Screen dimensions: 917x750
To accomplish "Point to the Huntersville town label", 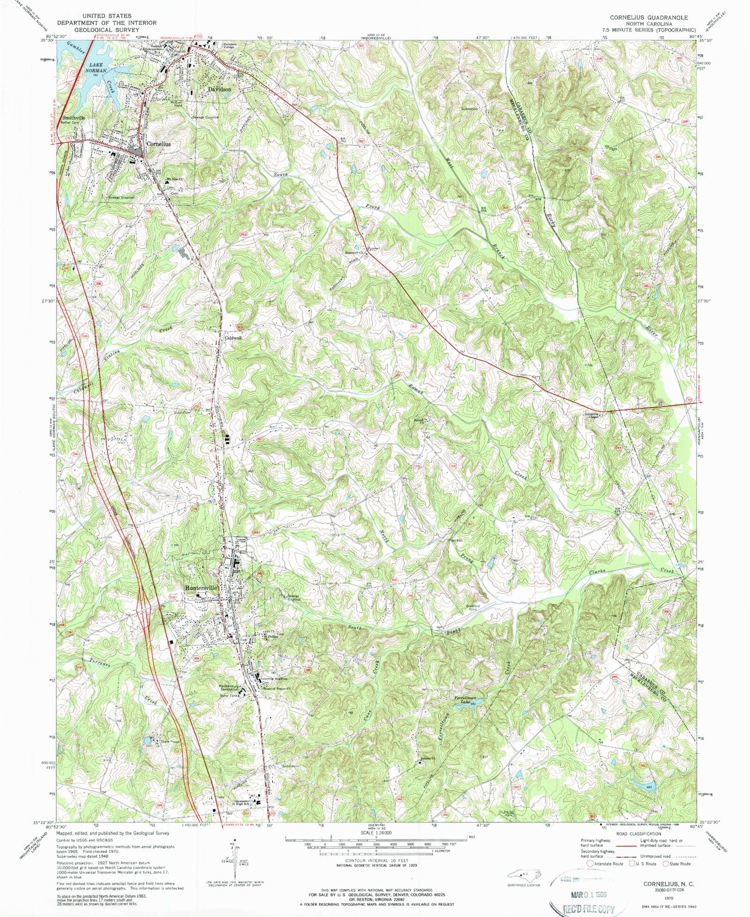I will click(202, 588).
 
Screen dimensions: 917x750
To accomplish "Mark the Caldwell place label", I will click(233, 337).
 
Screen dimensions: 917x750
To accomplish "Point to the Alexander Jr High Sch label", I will click(237, 803).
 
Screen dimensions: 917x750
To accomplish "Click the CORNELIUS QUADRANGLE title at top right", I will click(649, 17).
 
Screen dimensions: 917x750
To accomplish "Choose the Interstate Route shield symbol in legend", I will click(590, 864).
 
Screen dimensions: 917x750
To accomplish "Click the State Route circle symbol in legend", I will click(670, 864).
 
